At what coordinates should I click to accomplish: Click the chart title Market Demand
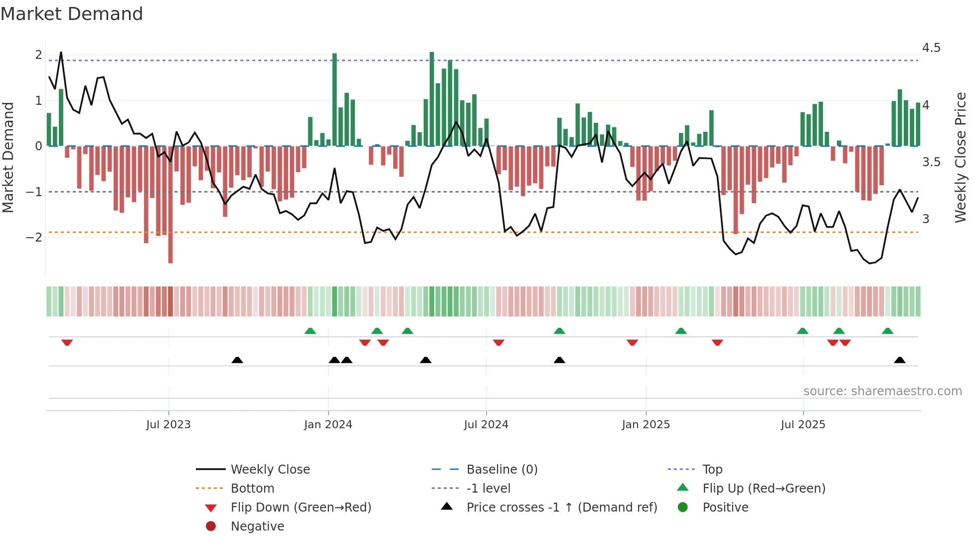pyautogui.click(x=72, y=14)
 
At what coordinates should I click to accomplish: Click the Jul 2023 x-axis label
pyautogui.click(x=168, y=425)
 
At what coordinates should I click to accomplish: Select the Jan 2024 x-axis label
pyautogui.click(x=328, y=425)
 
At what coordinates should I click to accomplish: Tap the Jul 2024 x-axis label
pyautogui.click(x=486, y=425)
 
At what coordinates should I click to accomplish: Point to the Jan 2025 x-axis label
pyautogui.click(x=646, y=425)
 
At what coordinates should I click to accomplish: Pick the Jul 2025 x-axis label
pyautogui.click(x=803, y=425)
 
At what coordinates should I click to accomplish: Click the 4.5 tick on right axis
pyautogui.click(x=931, y=48)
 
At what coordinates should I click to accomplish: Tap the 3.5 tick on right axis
pyautogui.click(x=931, y=162)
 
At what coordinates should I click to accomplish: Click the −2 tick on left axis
pyautogui.click(x=34, y=237)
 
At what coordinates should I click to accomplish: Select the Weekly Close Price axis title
pyautogui.click(x=960, y=157)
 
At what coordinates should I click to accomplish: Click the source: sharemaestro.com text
pyautogui.click(x=882, y=391)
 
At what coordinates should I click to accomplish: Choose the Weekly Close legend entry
pyautogui.click(x=270, y=470)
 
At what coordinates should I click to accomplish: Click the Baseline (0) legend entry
pyautogui.click(x=502, y=470)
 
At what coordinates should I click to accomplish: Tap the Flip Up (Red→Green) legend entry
pyautogui.click(x=764, y=489)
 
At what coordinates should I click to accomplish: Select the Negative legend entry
pyautogui.click(x=257, y=527)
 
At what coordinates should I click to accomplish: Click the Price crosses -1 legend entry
pyautogui.click(x=561, y=508)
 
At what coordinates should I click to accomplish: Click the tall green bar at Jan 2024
pyautogui.click(x=334, y=100)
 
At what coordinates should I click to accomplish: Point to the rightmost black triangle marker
pyautogui.click(x=900, y=360)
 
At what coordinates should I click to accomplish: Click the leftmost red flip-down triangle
pyautogui.click(x=67, y=342)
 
